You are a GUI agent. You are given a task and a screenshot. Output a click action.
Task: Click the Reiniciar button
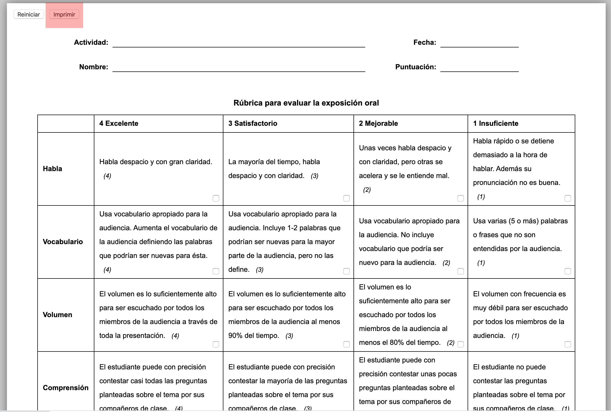pyautogui.click(x=29, y=14)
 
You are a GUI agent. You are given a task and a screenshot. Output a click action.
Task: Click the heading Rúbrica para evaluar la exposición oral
pyautogui.click(x=306, y=103)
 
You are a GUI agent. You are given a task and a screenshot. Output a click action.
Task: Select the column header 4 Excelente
pyautogui.click(x=119, y=123)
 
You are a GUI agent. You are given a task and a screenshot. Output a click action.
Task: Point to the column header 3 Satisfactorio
pyautogui.click(x=253, y=123)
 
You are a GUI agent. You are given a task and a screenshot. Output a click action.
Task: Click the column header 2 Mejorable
pyautogui.click(x=378, y=123)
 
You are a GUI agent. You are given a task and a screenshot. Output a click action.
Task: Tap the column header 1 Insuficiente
pyautogui.click(x=496, y=123)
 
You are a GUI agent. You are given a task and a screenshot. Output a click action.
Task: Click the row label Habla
pyautogui.click(x=53, y=169)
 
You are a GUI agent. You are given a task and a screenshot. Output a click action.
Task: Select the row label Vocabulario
pyautogui.click(x=63, y=242)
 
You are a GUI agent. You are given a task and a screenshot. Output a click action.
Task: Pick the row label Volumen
pyautogui.click(x=58, y=315)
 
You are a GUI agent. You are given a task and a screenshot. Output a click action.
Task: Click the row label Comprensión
pyautogui.click(x=66, y=388)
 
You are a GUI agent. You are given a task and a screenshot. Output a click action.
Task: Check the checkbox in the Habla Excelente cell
pyautogui.click(x=216, y=198)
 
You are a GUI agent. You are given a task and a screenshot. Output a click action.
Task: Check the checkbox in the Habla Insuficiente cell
pyautogui.click(x=568, y=198)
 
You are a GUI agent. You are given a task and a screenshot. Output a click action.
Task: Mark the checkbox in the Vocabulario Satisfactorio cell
pyautogui.click(x=346, y=271)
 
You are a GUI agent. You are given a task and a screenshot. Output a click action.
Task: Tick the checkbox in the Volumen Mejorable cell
pyautogui.click(x=460, y=344)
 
